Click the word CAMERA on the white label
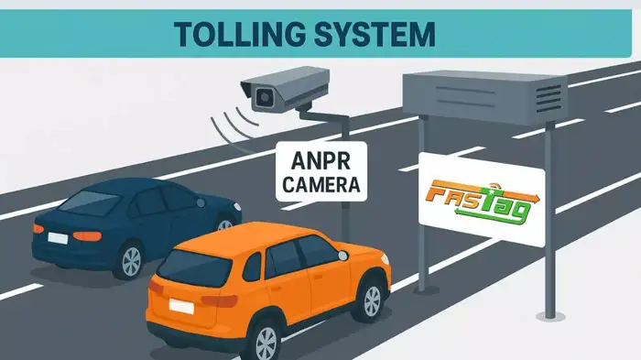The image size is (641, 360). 321,186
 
